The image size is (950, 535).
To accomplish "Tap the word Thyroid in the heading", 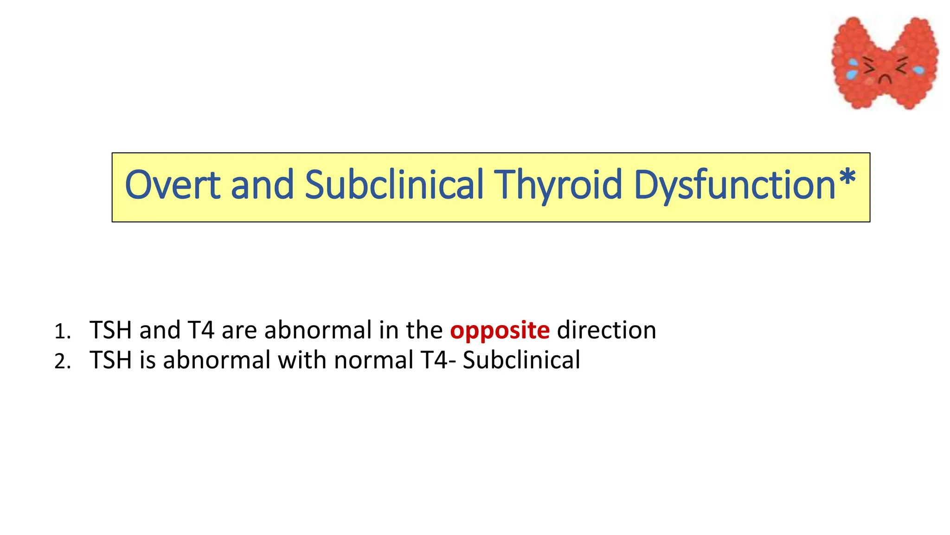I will (x=558, y=185).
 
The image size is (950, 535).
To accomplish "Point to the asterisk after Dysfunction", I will (x=847, y=179).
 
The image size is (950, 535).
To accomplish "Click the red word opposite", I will (x=500, y=331).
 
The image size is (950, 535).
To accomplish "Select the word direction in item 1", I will (x=606, y=331).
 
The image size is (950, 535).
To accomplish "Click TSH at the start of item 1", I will (x=111, y=331).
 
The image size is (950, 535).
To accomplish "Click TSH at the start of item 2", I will (x=111, y=360).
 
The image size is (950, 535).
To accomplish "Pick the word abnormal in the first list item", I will (x=318, y=331).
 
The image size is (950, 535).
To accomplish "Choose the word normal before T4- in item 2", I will (x=373, y=360).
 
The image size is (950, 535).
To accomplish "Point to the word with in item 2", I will (x=302, y=360).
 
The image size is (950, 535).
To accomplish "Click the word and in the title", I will (x=262, y=185).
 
